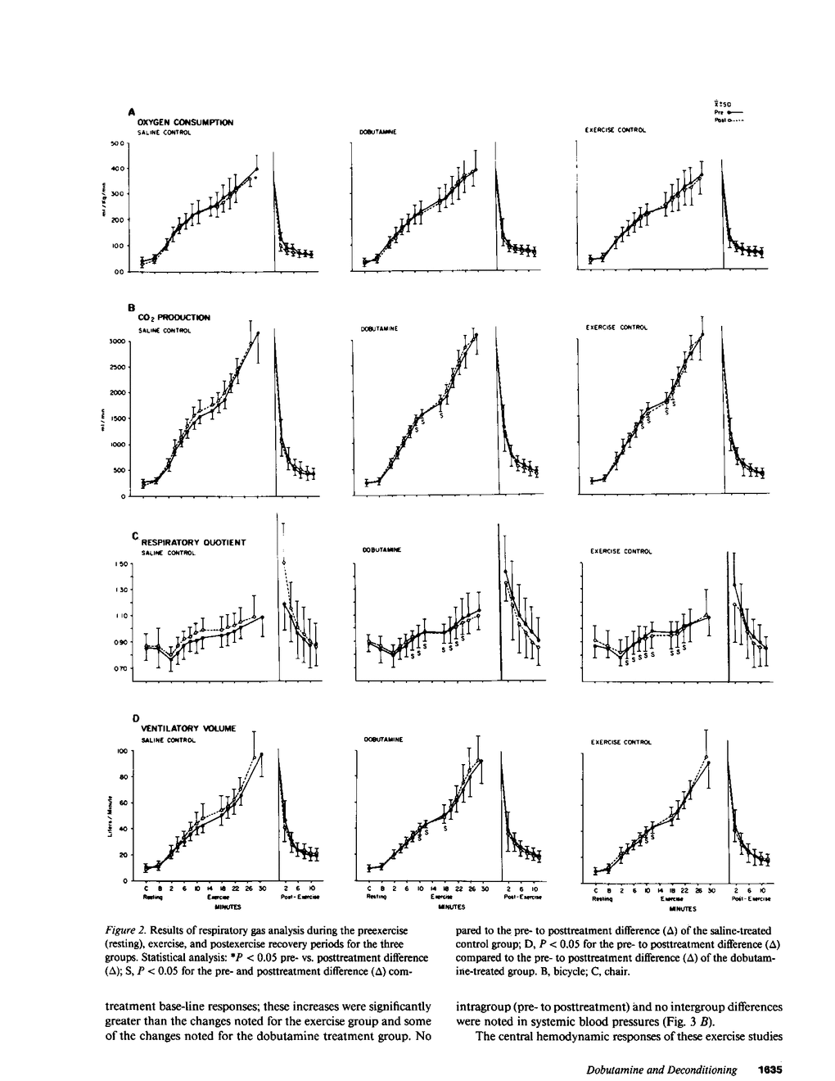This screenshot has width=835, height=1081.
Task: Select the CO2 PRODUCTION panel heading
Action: (174, 317)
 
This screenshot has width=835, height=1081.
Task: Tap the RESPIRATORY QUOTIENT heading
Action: (193, 542)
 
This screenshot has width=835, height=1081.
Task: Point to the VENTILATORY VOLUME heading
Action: (188, 728)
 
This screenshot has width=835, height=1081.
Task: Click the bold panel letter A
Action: (131, 111)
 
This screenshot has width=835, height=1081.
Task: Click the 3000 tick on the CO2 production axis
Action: (115, 341)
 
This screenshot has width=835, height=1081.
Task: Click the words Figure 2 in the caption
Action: (124, 931)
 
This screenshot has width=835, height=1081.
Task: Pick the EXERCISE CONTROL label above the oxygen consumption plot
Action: (615, 130)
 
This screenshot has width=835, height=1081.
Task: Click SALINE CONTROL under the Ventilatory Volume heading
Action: (168, 740)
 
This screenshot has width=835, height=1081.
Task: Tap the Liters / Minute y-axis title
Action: (107, 816)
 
